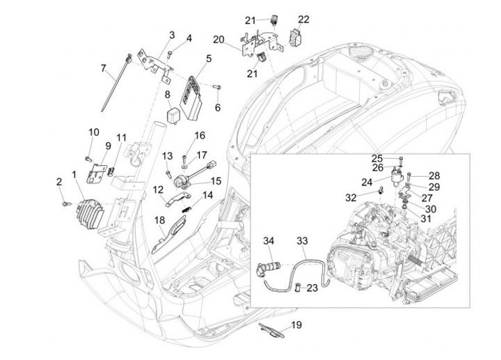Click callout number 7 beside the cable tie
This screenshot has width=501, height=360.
coord(104,68)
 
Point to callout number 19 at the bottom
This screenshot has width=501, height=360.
coord(296,325)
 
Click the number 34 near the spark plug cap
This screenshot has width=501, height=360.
coord(269,241)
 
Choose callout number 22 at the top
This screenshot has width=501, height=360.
coord(304,19)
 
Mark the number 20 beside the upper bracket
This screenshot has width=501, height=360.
coord(218,39)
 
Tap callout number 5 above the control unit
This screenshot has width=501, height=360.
coord(208,58)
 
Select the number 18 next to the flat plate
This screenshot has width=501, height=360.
coord(159,221)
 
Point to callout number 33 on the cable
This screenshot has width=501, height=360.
coord(301,241)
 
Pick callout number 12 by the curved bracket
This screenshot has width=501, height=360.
coord(158,189)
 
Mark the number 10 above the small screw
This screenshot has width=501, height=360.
coord(93,132)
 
